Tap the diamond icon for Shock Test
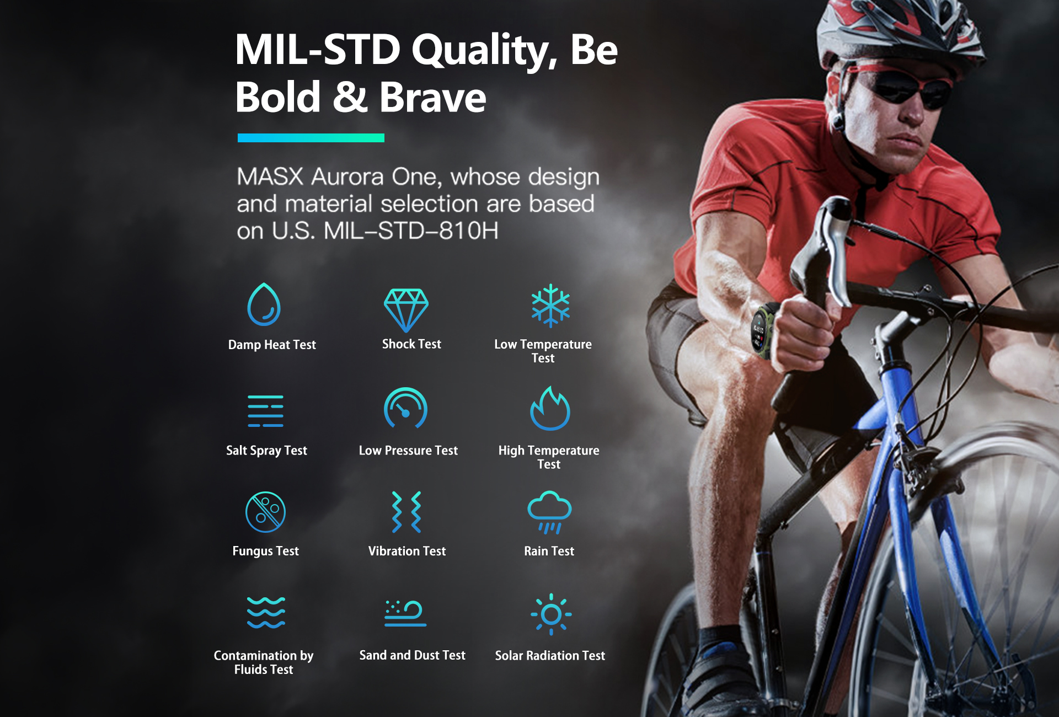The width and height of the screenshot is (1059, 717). point(406,310)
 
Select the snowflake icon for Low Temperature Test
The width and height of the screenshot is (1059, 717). point(550,306)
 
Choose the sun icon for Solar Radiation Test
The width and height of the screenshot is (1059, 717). point(551,614)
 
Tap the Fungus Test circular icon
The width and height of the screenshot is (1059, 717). point(265,512)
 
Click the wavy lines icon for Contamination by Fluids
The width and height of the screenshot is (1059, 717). point(266,613)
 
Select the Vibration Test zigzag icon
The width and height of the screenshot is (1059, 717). point(407,512)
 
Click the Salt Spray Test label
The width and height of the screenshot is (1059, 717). point(266,451)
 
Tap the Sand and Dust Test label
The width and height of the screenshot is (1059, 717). point(413,655)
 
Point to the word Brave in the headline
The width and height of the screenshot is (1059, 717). point(432,97)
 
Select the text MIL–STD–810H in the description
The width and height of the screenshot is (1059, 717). point(411,231)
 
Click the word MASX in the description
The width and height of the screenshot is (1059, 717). point(270,176)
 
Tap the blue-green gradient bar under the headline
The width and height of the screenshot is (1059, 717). point(311,138)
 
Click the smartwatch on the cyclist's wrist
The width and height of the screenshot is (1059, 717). point(762,330)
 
